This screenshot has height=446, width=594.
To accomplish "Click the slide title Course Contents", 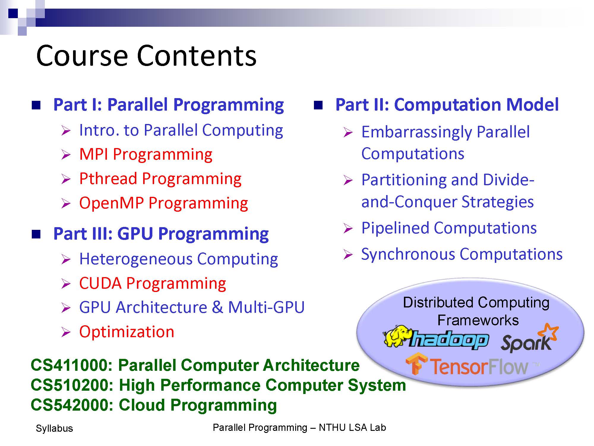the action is pyautogui.click(x=146, y=56).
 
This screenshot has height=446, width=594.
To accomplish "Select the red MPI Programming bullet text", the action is pyautogui.click(x=146, y=155).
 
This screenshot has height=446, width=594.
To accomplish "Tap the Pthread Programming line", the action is pyautogui.click(x=160, y=179).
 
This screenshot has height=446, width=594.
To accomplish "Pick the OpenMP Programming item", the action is pyautogui.click(x=164, y=203).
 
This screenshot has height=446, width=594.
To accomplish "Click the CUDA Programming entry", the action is pyautogui.click(x=153, y=283).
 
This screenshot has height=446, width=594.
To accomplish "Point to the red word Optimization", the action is pyautogui.click(x=127, y=332).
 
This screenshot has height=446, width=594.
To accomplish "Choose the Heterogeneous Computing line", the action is pyautogui.click(x=179, y=259).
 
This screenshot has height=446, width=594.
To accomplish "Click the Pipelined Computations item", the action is pyautogui.click(x=449, y=228).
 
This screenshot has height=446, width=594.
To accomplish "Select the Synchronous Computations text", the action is pyautogui.click(x=462, y=255).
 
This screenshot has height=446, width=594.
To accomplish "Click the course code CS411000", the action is pyautogui.click(x=70, y=365).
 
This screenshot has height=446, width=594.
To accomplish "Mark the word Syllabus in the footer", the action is pyautogui.click(x=54, y=428).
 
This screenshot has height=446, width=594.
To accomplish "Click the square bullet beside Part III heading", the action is pyautogui.click(x=36, y=234).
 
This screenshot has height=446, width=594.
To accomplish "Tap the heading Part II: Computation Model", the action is pyautogui.click(x=447, y=105).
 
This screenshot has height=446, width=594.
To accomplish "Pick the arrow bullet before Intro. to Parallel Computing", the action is pyautogui.click(x=66, y=131).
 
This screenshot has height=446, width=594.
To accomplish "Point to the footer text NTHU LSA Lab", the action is pyautogui.click(x=352, y=428).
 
